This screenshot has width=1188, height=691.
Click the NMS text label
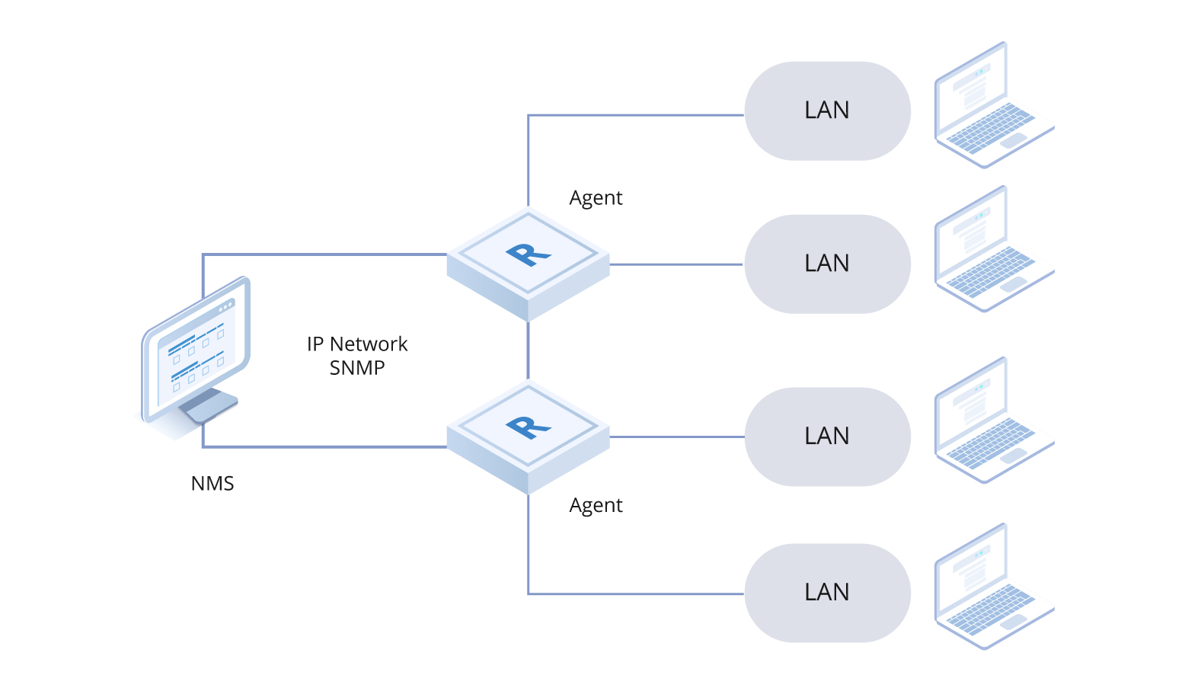212,484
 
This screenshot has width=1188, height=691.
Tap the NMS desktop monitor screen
196,354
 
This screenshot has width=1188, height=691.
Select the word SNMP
356,368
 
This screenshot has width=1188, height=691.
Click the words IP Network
356,344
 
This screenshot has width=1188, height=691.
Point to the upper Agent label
596,198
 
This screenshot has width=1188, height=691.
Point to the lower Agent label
596,506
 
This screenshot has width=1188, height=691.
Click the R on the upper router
528,254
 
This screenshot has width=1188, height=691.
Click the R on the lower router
528,427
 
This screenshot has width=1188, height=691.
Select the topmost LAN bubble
827,110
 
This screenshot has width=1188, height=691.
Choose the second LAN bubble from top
827,264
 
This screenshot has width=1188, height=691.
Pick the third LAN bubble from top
827,437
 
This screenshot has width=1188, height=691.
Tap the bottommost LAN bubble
827,593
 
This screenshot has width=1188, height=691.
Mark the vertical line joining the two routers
528,350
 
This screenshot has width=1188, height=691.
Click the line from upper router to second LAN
676,264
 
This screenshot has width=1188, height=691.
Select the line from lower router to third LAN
676,437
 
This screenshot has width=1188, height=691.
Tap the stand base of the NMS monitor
209,408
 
